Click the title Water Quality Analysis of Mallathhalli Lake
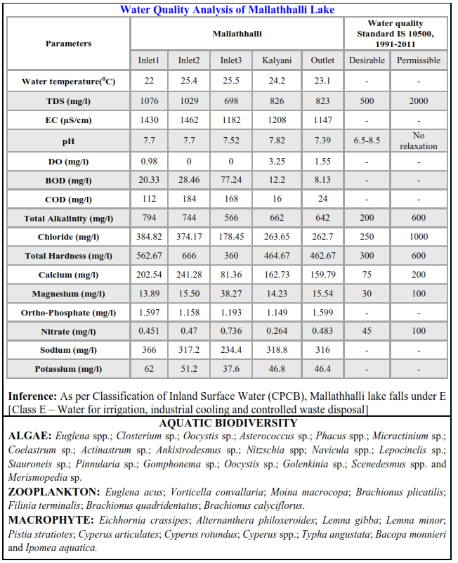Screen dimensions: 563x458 (227, 10)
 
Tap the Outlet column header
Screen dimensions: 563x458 (322, 60)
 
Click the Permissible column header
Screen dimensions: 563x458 (419, 60)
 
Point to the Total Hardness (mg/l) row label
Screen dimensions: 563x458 (68, 256)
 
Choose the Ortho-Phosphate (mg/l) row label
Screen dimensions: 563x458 (68, 313)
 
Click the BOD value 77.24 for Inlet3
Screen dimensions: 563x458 (232, 180)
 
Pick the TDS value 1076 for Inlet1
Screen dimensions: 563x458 (149, 101)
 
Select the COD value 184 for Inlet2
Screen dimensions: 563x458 (189, 200)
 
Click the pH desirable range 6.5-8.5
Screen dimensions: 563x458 (367, 141)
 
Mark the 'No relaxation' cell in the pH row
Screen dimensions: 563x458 (419, 141)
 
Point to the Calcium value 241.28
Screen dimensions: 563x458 (189, 275)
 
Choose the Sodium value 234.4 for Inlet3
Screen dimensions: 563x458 (232, 350)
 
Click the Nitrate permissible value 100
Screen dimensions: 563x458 (419, 331)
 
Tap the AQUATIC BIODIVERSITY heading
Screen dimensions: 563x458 (228, 423)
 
